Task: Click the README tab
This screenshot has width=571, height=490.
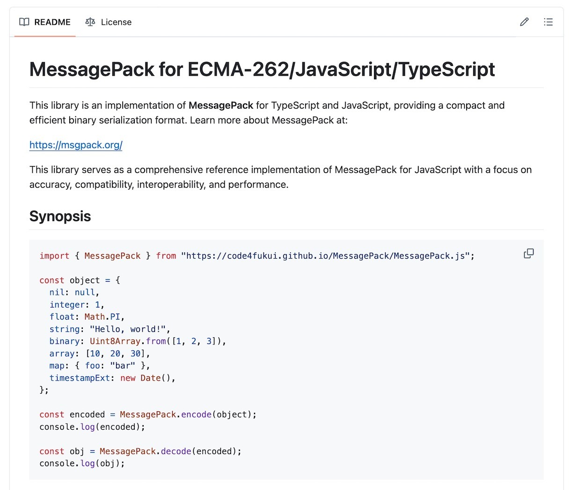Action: [x=45, y=22]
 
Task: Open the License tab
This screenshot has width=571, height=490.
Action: [x=109, y=22]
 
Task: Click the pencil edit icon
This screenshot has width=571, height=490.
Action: [x=524, y=22]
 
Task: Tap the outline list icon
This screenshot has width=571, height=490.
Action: [x=548, y=22]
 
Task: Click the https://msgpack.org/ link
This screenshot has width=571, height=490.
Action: [x=76, y=145]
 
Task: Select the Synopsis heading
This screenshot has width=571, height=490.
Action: [x=60, y=216]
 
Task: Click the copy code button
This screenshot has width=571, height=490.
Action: [x=528, y=254]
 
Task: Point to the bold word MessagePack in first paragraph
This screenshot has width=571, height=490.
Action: [x=221, y=105]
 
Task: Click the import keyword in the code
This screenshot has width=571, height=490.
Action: [x=54, y=256]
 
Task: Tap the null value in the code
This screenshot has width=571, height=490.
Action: [x=85, y=293]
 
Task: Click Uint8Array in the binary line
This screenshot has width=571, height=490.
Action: [x=115, y=341]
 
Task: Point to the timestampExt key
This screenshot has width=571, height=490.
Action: [x=80, y=378]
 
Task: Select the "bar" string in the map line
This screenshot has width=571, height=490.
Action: [x=122, y=366]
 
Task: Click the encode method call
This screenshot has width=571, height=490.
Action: [x=196, y=415]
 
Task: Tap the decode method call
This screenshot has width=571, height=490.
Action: [x=176, y=452]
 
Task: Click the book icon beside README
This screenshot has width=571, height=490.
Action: [x=24, y=22]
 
